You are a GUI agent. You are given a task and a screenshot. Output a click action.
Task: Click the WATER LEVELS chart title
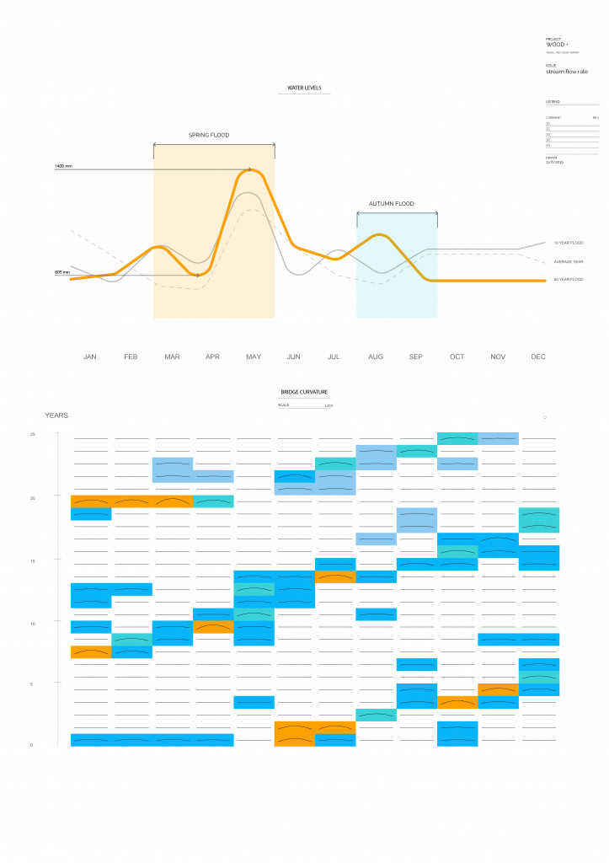(x=304, y=88)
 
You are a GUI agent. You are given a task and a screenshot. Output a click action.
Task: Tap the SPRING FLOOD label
(x=208, y=135)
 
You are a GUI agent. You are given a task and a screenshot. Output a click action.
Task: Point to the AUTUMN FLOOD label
(x=392, y=204)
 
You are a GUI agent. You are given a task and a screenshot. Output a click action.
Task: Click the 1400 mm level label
(x=63, y=166)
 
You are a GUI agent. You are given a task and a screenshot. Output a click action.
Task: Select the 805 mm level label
(x=62, y=272)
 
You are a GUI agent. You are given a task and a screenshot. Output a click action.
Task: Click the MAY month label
(x=254, y=357)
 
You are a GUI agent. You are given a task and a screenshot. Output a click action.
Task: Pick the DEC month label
(x=538, y=357)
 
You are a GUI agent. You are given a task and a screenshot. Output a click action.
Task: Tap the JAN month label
(x=90, y=357)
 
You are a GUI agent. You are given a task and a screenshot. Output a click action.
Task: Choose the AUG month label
(x=376, y=357)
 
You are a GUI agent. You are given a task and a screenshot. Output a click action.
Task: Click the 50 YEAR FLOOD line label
(x=569, y=279)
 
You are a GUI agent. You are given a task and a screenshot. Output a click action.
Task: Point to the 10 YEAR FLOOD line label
(x=569, y=243)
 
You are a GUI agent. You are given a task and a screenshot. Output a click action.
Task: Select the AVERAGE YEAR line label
(x=568, y=261)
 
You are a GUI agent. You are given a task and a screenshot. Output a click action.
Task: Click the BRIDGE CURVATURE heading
(x=304, y=392)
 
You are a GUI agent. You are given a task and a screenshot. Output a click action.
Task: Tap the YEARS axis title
(x=56, y=415)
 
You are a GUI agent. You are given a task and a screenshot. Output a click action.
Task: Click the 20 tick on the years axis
(x=33, y=498)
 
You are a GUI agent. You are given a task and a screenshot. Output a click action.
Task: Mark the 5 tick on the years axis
(x=33, y=684)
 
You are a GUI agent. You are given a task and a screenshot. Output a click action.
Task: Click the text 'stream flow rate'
(x=567, y=72)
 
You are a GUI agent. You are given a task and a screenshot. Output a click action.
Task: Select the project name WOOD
(x=556, y=45)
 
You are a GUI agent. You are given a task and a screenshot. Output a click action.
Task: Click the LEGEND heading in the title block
(x=553, y=102)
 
